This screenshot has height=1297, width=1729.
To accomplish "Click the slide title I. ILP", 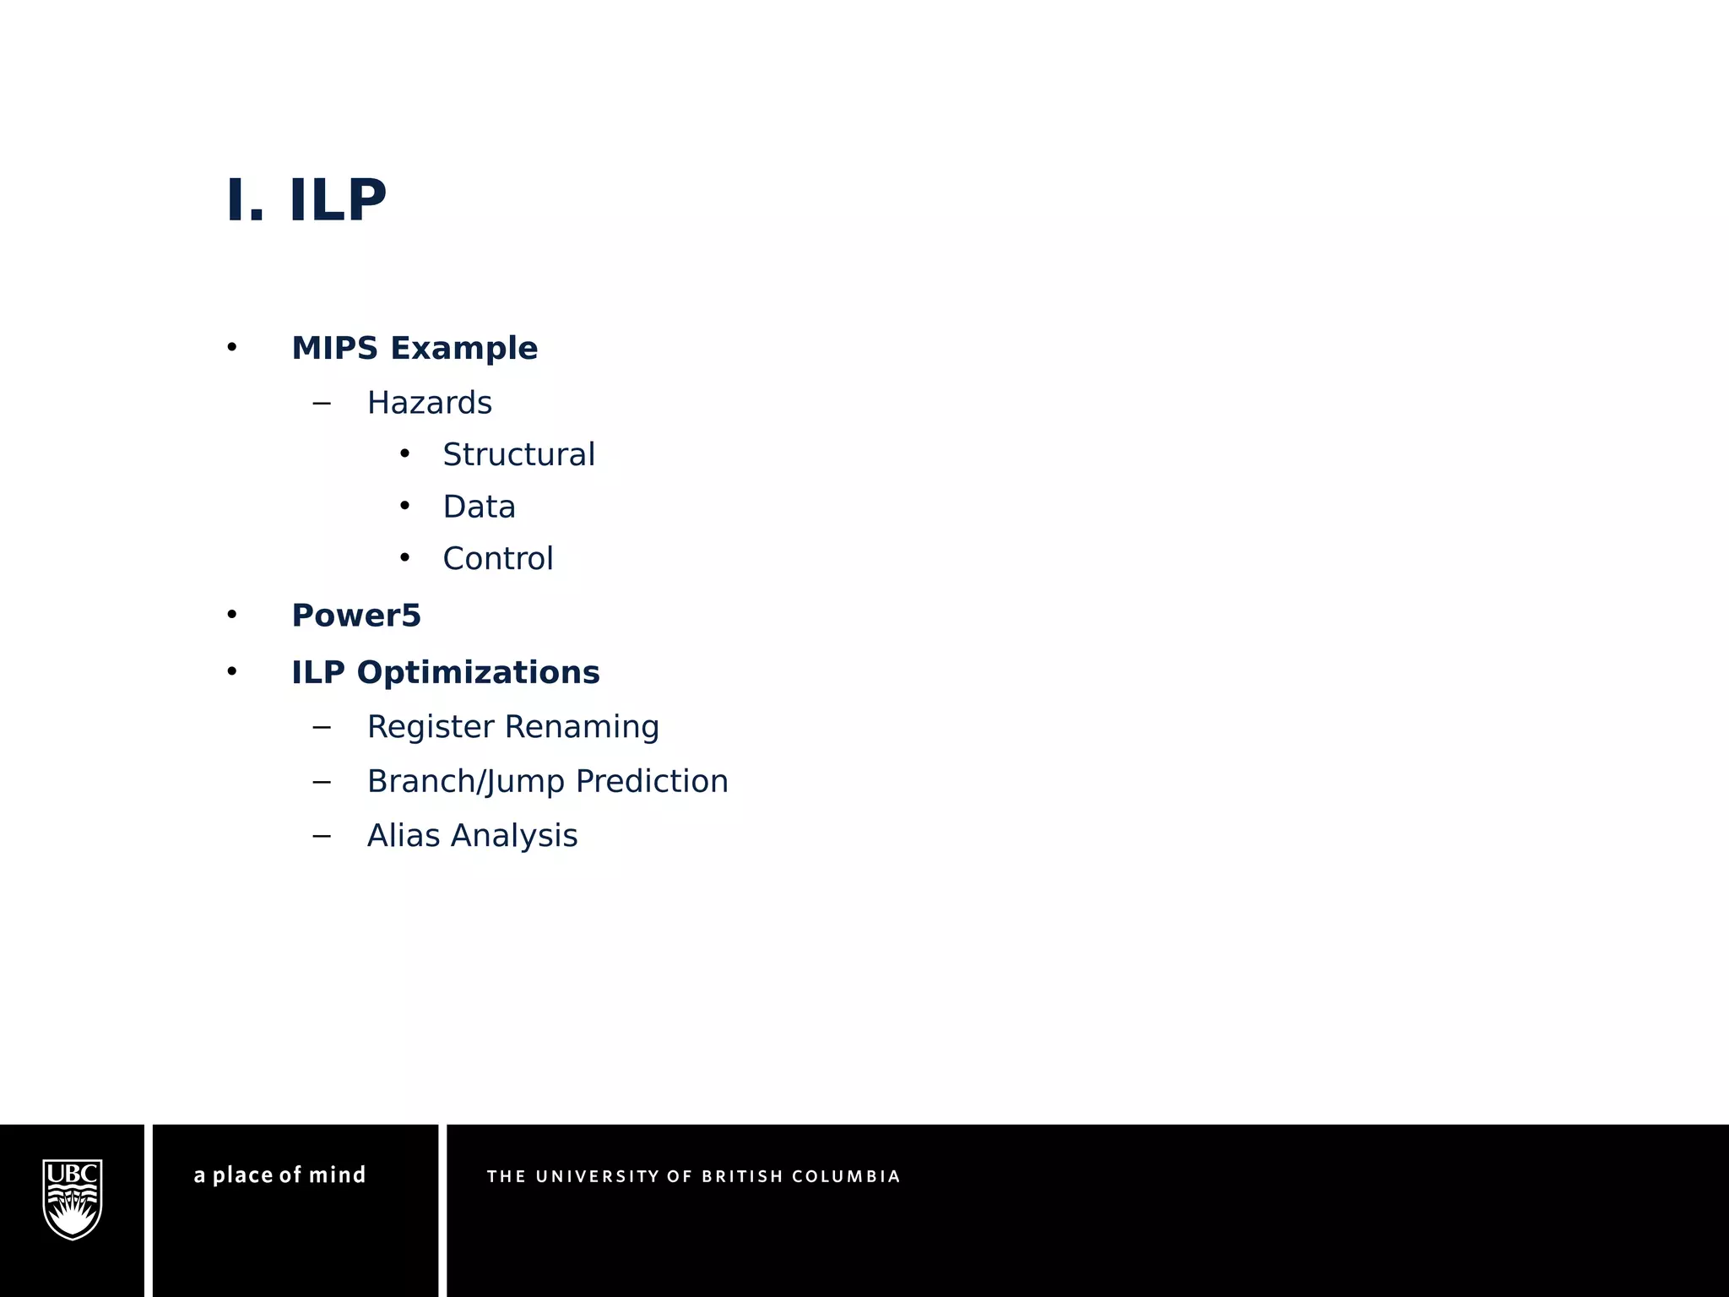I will [306, 201].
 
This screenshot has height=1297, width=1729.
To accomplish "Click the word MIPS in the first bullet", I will [334, 348].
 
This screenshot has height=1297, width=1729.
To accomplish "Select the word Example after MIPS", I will [463, 348].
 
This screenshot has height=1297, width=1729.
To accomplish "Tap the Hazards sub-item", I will [429, 403].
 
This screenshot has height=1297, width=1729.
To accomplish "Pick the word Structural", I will [518, 455].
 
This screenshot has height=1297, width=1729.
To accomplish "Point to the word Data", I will [479, 507].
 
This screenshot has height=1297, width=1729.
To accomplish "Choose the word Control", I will [497, 559].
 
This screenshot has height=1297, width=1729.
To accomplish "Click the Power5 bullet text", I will [355, 616].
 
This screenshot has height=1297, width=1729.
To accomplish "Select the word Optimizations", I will [478, 673].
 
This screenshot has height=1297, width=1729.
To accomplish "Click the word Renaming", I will [582, 727].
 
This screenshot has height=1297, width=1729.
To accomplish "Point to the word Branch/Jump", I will [466, 782].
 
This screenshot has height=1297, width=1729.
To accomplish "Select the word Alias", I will [404, 836].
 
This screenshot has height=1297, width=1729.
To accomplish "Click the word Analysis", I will [513, 836].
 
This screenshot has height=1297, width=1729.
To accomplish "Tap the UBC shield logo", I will [73, 1199].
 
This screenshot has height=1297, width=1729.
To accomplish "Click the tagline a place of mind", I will [279, 1175].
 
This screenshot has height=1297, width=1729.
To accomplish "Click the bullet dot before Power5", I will [232, 616].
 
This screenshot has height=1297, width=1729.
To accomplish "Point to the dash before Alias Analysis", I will [321, 836].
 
